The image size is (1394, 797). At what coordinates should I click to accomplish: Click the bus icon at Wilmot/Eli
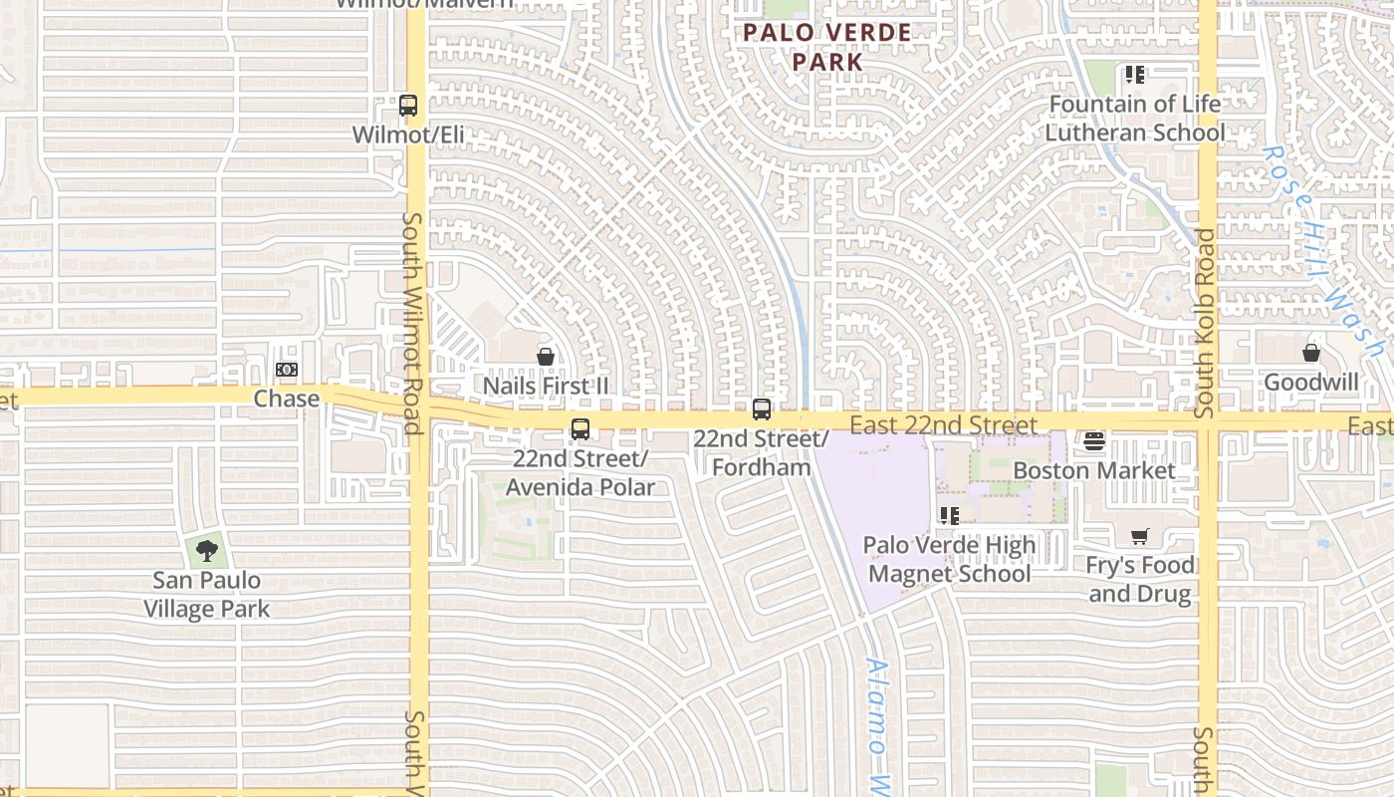(x=407, y=106)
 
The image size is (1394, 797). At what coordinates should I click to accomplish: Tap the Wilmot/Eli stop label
(x=408, y=134)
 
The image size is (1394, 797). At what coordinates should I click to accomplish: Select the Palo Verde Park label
(x=827, y=47)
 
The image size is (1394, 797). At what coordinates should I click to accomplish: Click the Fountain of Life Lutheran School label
(x=1135, y=118)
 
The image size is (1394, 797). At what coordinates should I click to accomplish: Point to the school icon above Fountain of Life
(x=1134, y=75)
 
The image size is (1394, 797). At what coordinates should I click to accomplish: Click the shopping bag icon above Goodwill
(x=1311, y=354)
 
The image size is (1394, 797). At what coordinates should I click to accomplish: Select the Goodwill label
(x=1311, y=383)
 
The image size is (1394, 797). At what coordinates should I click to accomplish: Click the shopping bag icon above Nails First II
(x=546, y=357)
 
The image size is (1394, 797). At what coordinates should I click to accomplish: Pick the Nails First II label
(x=546, y=386)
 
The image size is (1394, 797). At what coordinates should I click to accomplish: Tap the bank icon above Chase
(x=287, y=371)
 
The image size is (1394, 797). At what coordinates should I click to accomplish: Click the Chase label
(x=287, y=398)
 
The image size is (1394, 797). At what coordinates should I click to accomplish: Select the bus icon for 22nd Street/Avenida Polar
(x=580, y=430)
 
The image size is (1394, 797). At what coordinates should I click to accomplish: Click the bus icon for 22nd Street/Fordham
(x=762, y=409)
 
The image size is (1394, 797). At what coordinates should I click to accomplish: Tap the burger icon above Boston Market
(x=1094, y=440)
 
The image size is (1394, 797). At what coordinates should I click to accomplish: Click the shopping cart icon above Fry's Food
(x=1140, y=537)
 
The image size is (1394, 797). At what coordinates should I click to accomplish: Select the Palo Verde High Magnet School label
(x=949, y=559)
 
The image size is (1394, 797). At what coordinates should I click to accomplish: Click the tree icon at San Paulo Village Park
(x=207, y=550)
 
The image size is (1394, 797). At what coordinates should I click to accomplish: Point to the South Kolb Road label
(x=1205, y=324)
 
